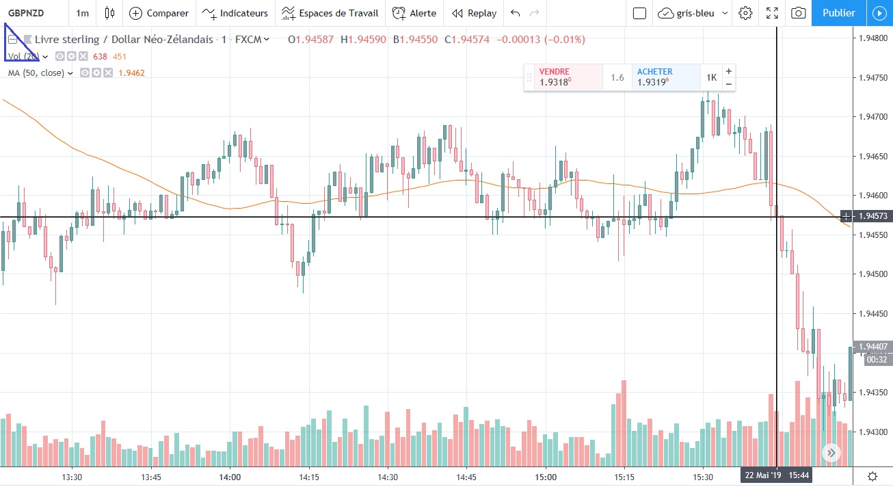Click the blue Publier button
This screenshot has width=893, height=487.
click(x=838, y=13)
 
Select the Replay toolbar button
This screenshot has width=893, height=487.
click(x=474, y=13)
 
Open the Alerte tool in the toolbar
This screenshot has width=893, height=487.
click(x=414, y=13)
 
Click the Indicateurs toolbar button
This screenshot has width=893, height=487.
click(x=235, y=13)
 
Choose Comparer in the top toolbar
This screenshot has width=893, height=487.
click(x=159, y=13)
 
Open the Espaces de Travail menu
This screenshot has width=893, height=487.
click(x=330, y=13)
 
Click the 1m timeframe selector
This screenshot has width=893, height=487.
click(x=82, y=13)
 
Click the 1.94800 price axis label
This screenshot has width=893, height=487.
click(x=872, y=38)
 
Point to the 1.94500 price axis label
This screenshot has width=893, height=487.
click(x=872, y=274)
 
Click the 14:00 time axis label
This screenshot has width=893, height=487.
click(x=230, y=477)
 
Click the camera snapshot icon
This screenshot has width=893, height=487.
click(x=797, y=13)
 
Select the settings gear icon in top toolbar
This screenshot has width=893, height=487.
click(x=745, y=13)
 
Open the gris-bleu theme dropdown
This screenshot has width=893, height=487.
click(x=693, y=13)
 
